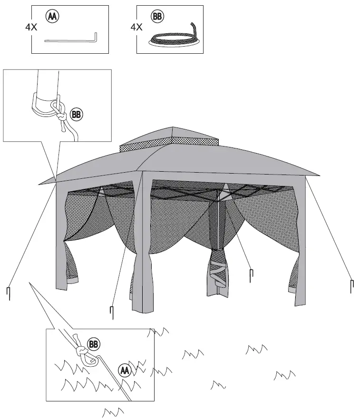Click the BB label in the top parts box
pyautogui.click(x=156, y=16)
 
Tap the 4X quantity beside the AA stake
pyautogui.click(x=31, y=27)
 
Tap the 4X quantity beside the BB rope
pyautogui.click(x=136, y=27)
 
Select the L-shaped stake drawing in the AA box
pyautogui.click(x=71, y=39)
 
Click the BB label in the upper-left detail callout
pyautogui.click(x=76, y=114)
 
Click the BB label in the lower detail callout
pyautogui.click(x=94, y=344)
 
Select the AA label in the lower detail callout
pyautogui.click(x=124, y=370)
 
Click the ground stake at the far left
pyautogui.click(x=9, y=293)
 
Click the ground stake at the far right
pyautogui.click(x=352, y=285)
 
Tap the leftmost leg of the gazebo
pyautogui.click(x=61, y=238)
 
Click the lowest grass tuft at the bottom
pyautogui.click(x=113, y=411)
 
